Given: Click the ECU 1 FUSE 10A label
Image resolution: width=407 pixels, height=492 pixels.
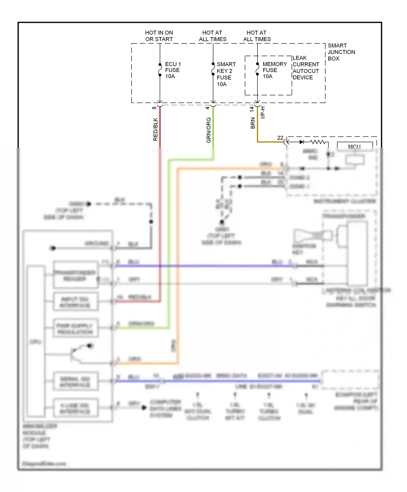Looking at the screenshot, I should tap(173, 70).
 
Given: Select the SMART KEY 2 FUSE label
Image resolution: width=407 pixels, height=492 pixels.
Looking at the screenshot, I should tap(226, 74).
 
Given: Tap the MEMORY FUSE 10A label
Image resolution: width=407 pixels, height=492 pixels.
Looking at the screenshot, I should tap(274, 70).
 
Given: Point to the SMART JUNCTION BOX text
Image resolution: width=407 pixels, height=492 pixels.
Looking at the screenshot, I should tap(341, 52).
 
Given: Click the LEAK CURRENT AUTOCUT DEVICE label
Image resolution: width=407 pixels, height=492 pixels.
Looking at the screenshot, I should tap(306, 68).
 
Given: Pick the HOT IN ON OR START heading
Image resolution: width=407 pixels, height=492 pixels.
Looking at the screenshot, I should tap(159, 36).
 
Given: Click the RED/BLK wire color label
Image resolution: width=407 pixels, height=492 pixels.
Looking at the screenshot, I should tap(155, 129).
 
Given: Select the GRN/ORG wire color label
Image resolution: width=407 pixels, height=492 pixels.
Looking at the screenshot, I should tap(208, 130).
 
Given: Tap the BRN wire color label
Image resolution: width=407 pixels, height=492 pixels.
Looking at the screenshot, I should tap(253, 123).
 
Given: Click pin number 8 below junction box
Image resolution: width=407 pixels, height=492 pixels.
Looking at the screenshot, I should tap(154, 108).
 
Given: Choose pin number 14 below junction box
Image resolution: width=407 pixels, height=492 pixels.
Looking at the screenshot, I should tap(252, 109).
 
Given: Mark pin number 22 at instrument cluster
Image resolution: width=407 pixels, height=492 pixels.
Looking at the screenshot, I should tap(280, 138).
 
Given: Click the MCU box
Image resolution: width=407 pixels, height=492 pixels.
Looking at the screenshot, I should tap(355, 146).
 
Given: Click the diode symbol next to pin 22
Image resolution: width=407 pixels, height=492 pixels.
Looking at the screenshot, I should tap(301, 142).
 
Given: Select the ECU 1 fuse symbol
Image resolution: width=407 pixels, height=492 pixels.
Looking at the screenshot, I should tap(160, 70).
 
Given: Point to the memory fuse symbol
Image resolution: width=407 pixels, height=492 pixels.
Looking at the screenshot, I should tap(257, 69).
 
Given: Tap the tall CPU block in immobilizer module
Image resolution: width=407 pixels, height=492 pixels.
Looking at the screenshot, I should tap(36, 341).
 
